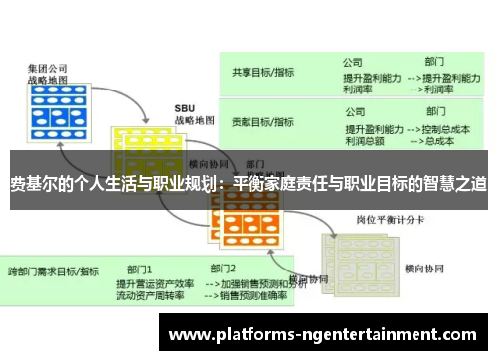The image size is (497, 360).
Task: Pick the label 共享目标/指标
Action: (262, 72)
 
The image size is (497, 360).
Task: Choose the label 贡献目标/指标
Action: (262, 122)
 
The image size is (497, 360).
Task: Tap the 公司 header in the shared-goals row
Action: (354, 60)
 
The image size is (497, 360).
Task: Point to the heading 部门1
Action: (139, 269)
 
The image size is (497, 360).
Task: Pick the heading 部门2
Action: (224, 269)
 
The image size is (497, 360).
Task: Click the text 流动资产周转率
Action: (151, 295)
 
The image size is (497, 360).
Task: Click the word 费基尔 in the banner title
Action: (35, 184)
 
